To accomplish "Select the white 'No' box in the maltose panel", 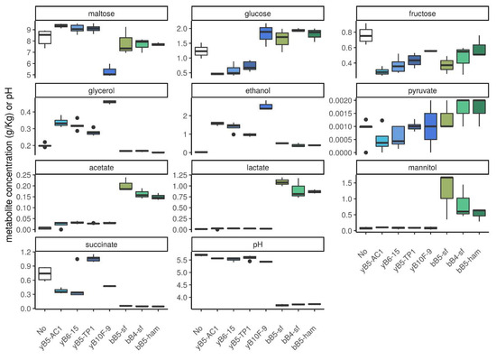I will (x=44, y=37).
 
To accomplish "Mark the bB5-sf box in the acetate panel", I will (x=125, y=186).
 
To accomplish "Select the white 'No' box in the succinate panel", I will (x=44, y=273).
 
